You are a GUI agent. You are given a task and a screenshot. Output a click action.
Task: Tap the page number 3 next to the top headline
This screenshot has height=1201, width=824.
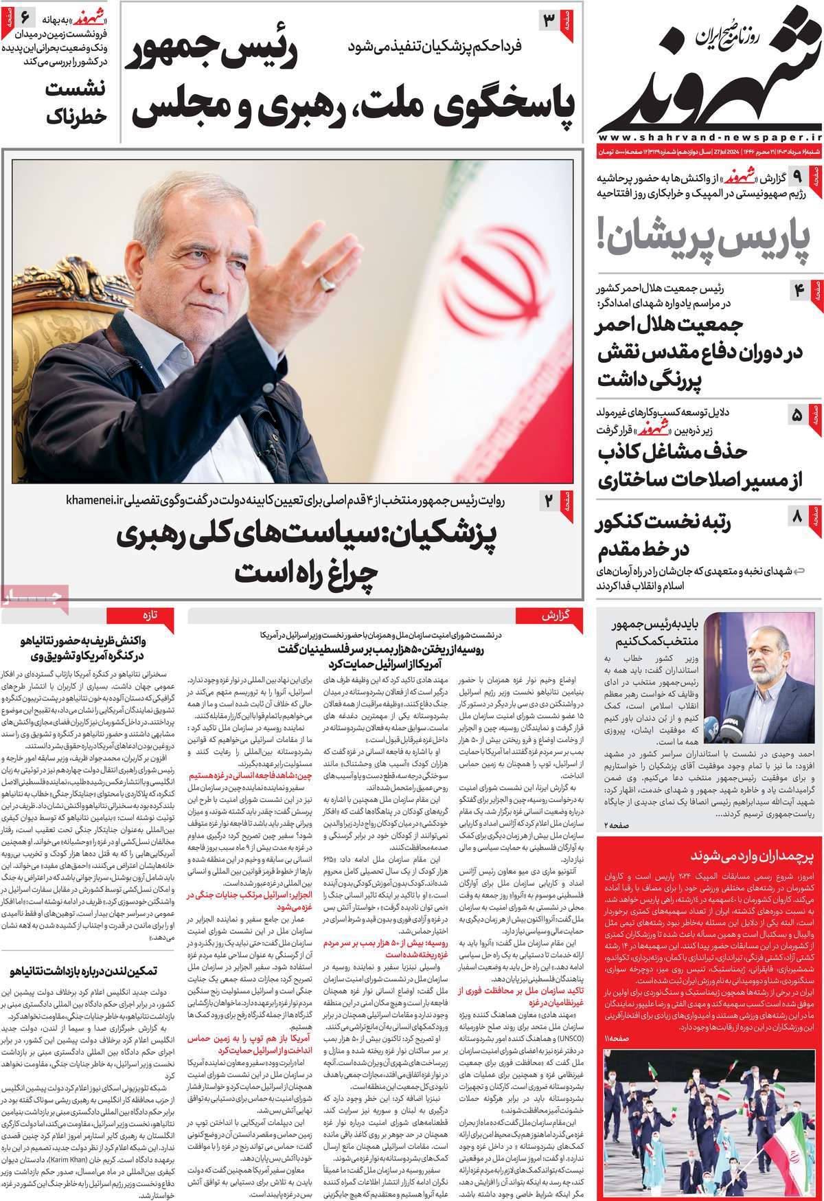[549, 20]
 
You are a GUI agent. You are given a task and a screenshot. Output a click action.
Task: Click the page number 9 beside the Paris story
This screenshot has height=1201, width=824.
[797, 177]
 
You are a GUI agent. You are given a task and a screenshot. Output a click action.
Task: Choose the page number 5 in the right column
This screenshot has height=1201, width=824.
[797, 415]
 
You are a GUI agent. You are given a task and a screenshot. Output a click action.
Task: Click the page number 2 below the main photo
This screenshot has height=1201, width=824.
[549, 501]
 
